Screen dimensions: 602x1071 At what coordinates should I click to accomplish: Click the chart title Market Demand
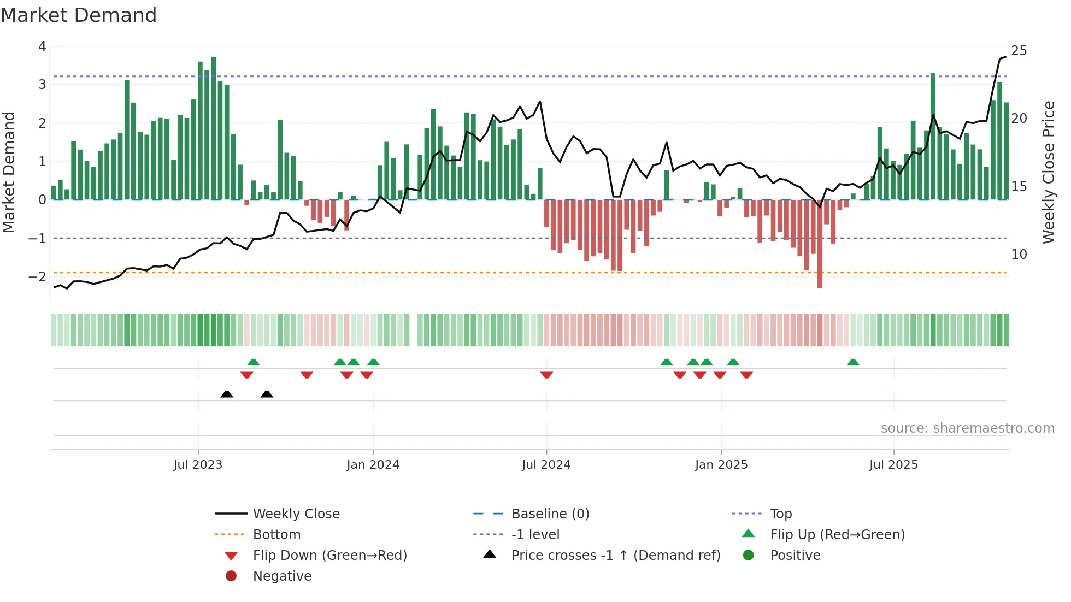(x=79, y=15)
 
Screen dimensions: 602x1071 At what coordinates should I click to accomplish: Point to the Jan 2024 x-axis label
(x=373, y=465)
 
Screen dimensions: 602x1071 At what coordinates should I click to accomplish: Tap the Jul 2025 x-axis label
(x=893, y=465)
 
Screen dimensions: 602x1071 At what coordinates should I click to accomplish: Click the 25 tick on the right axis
(x=1019, y=51)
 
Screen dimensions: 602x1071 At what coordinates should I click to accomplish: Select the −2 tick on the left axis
(x=37, y=276)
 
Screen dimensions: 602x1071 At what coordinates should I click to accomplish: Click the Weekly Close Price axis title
(x=1048, y=172)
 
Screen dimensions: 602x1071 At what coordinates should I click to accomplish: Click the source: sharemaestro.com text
(x=967, y=428)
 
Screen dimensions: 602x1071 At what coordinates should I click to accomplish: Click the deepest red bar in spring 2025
(x=820, y=244)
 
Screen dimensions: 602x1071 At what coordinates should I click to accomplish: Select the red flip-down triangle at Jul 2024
(x=546, y=375)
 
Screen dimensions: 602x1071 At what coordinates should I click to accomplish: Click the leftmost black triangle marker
(x=227, y=394)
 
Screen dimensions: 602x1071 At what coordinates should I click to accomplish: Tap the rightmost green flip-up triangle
(x=853, y=362)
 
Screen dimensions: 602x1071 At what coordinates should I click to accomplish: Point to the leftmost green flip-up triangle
(x=253, y=362)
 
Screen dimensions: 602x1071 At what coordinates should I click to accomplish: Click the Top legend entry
(x=780, y=514)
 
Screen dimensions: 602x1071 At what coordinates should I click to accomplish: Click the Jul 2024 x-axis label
(x=546, y=465)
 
